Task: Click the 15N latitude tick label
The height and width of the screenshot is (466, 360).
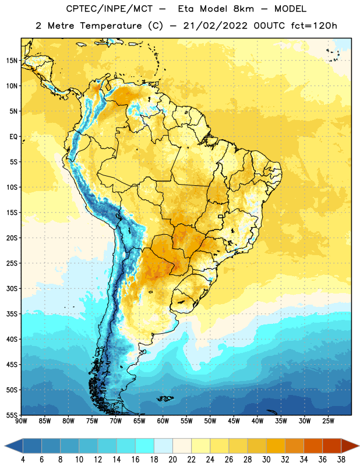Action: pyautogui.click(x=12, y=61)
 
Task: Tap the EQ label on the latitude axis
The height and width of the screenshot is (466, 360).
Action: pyautogui.click(x=13, y=137)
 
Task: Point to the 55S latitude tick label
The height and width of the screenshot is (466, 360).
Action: pyautogui.click(x=12, y=415)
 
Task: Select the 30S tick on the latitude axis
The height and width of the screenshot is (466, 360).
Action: pyautogui.click(x=12, y=288)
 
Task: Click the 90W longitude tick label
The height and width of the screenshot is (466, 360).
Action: pyautogui.click(x=21, y=421)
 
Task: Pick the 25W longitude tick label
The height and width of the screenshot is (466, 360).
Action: pyautogui.click(x=328, y=421)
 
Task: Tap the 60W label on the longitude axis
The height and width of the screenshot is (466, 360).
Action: pyautogui.click(x=163, y=421)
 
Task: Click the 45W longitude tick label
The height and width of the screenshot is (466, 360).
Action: pyautogui.click(x=234, y=421)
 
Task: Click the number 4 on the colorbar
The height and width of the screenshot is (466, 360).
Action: pyautogui.click(x=23, y=460)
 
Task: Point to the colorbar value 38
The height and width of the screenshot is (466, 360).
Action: pyautogui.click(x=341, y=460)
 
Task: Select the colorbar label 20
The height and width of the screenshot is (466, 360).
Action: pyautogui.click(x=172, y=460)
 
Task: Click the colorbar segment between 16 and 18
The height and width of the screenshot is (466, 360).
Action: pyautogui.click(x=145, y=446)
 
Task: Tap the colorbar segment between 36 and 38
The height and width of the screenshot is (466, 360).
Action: pyautogui.click(x=332, y=446)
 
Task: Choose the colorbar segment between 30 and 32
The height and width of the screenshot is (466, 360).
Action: pyautogui.click(x=276, y=446)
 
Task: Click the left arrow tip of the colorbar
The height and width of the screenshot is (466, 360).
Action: pyautogui.click(x=5, y=446)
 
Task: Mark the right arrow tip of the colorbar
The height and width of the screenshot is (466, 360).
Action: pyautogui.click(x=359, y=446)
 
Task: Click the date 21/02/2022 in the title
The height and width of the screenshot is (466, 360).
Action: pyautogui.click(x=215, y=26)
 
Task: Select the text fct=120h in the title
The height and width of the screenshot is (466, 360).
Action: pyautogui.click(x=314, y=26)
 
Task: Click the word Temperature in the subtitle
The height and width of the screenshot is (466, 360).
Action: pyautogui.click(x=111, y=26)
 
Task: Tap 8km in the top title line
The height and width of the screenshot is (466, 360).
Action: pyautogui.click(x=243, y=9)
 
